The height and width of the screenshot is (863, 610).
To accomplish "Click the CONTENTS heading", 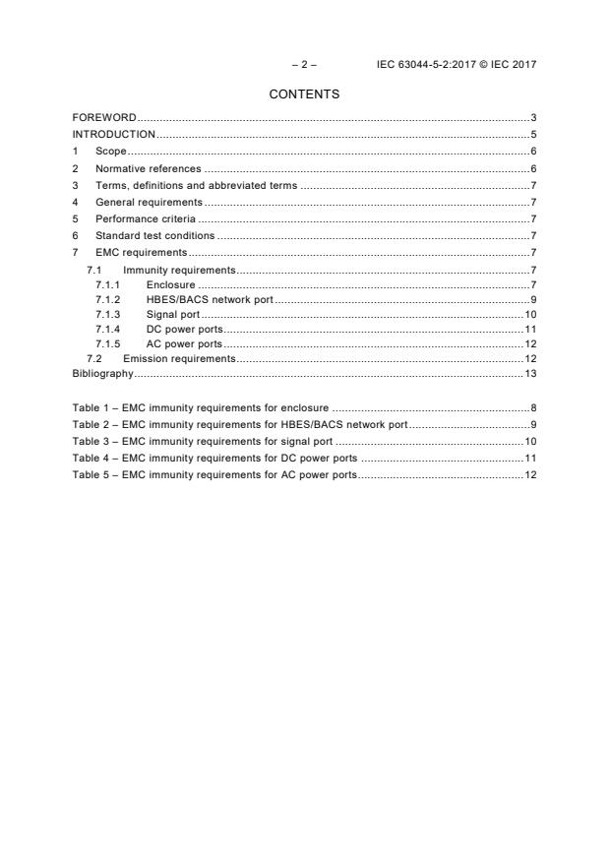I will coord(304,94).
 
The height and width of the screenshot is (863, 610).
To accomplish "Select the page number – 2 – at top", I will coord(304,65).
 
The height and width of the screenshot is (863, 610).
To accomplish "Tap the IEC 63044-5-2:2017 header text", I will coord(457,65).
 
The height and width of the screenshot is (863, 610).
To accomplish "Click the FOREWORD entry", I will coord(104,118).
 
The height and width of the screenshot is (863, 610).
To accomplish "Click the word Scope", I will coord(111,152).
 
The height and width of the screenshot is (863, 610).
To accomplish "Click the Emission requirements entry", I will coord(179,358).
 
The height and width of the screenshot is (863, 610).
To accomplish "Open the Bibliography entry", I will coord(102,373).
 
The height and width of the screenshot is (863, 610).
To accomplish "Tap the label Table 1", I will coord(91,406).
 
